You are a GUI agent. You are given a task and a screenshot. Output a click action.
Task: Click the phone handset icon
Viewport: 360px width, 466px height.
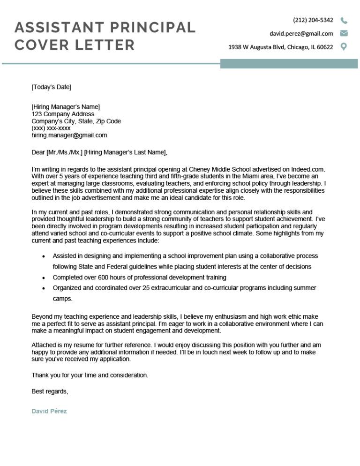(x=344, y=20)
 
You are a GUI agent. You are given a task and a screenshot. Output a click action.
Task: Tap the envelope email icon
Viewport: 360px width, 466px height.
(x=344, y=33)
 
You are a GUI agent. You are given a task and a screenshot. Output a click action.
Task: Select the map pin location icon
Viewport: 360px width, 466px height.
(x=344, y=47)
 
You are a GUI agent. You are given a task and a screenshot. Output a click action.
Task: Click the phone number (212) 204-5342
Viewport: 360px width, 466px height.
(x=313, y=20)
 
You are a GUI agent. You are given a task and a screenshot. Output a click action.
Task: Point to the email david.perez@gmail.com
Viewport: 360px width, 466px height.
(x=301, y=34)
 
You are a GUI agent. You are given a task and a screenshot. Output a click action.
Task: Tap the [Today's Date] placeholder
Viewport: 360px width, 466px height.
(x=52, y=87)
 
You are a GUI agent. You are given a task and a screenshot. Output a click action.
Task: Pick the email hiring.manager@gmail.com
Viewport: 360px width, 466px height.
(x=69, y=135)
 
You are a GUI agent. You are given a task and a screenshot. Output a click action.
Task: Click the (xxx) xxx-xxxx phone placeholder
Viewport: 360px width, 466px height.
(x=51, y=128)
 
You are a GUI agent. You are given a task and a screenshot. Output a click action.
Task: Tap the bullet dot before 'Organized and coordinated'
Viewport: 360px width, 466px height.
(x=44, y=288)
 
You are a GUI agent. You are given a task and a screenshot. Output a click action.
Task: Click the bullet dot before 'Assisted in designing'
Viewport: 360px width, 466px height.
(x=44, y=256)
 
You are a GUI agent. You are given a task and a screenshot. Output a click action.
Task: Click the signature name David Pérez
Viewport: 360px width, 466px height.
(x=49, y=411)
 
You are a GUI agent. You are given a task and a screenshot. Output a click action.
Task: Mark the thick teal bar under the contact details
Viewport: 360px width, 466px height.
(x=290, y=63)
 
